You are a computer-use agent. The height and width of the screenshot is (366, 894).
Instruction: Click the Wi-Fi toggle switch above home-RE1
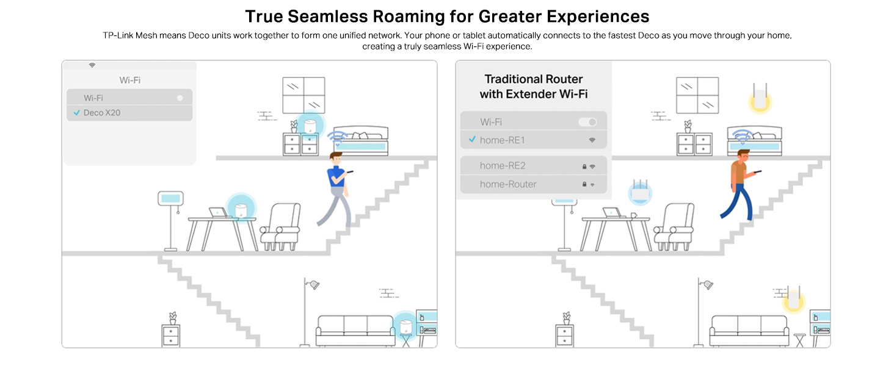587,122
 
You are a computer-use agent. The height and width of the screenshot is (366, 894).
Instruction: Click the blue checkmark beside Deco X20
76,113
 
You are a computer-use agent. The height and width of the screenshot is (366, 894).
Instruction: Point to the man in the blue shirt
335,188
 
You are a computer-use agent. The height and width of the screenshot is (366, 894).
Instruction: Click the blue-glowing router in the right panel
641,192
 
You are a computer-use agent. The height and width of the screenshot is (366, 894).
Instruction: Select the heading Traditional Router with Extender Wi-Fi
533,87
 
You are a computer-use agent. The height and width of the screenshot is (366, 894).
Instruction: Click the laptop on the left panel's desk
218,213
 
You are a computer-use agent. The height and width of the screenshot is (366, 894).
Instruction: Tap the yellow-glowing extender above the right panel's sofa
794,299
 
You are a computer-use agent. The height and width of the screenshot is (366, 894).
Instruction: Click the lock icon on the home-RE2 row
584,166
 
